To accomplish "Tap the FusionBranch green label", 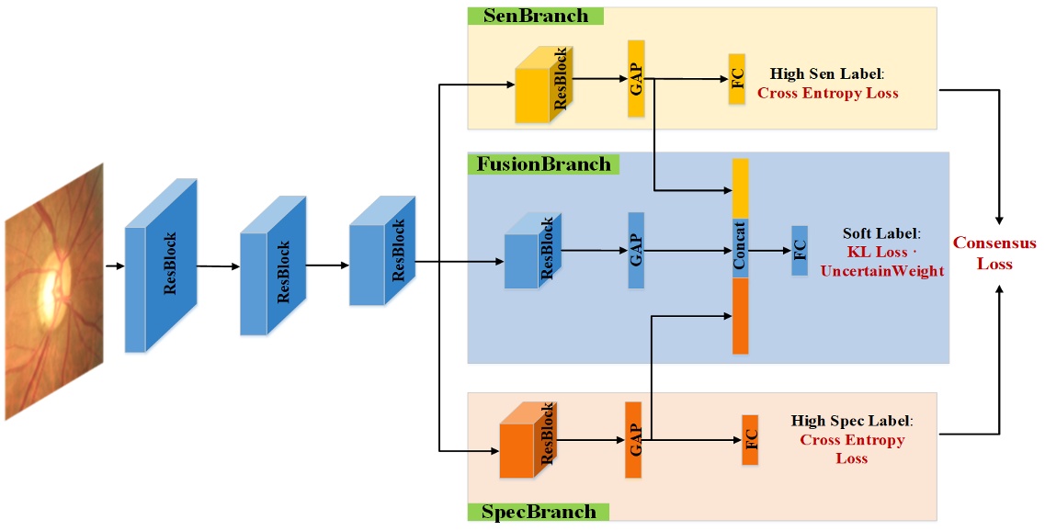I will pyautogui.click(x=543, y=164).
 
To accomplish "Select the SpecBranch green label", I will pyautogui.click(x=538, y=512).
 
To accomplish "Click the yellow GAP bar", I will pyautogui.click(x=636, y=78).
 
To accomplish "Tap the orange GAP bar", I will pyautogui.click(x=632, y=439).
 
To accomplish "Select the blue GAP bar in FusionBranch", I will pyautogui.click(x=635, y=249).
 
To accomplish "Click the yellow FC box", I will pyautogui.click(x=736, y=79).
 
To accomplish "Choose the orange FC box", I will pyautogui.click(x=750, y=439).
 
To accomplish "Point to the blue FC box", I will pyautogui.click(x=800, y=250).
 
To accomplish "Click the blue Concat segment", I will pyautogui.click(x=740, y=248).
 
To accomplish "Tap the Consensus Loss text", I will pyautogui.click(x=994, y=253).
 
